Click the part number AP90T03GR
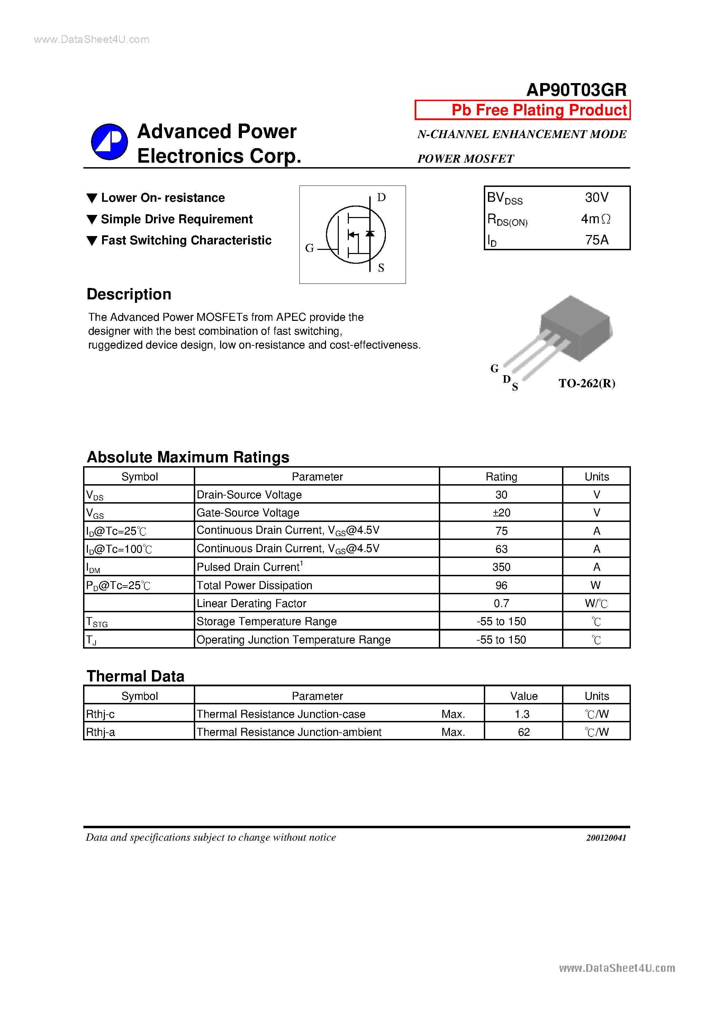pos(576,90)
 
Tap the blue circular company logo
pos(109,142)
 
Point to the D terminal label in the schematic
pos(381,198)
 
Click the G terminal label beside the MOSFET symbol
pos(309,248)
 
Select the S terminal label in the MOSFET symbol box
pos(381,268)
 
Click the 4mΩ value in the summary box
pos(596,219)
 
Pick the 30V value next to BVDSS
pos(596,198)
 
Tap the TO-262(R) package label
pos(587,383)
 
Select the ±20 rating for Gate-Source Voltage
pos(501,513)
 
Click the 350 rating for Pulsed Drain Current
pos(501,567)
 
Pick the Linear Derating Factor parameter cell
pos(251,603)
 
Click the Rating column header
pos(501,477)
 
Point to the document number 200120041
pos(606,838)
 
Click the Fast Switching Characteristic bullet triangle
pos(92,241)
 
